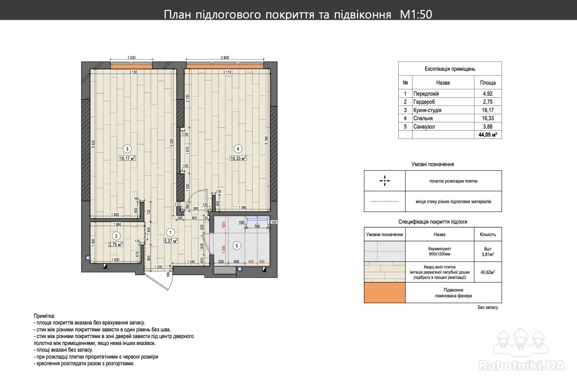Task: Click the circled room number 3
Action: click(x=127, y=149)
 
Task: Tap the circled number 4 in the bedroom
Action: click(x=238, y=149)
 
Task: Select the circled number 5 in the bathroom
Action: click(x=237, y=245)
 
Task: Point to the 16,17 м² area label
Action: click(x=127, y=158)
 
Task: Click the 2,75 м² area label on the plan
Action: click(x=116, y=244)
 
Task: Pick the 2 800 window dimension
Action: click(x=225, y=57)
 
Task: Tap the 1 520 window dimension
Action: click(x=131, y=57)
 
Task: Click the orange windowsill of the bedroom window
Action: click(x=225, y=66)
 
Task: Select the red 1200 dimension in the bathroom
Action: click(x=224, y=248)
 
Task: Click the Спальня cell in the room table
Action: click(x=423, y=118)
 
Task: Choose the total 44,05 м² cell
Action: click(x=487, y=135)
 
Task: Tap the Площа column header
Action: click(x=487, y=83)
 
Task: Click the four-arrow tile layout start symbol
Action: click(x=385, y=181)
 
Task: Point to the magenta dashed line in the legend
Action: click(x=385, y=201)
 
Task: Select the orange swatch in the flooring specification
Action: click(x=385, y=293)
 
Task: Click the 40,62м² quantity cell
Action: click(x=487, y=272)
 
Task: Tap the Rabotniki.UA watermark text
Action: click(x=521, y=365)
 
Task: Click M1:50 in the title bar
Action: click(x=416, y=15)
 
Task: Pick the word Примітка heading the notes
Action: click(x=44, y=316)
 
